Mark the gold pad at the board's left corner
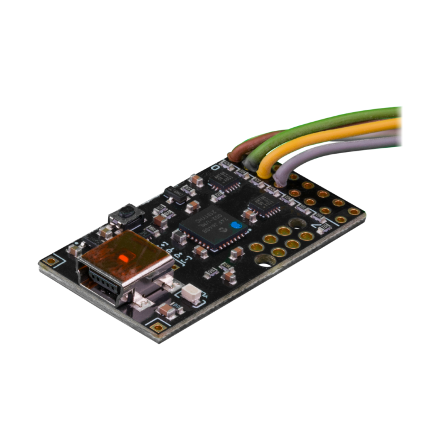(x=52, y=261)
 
